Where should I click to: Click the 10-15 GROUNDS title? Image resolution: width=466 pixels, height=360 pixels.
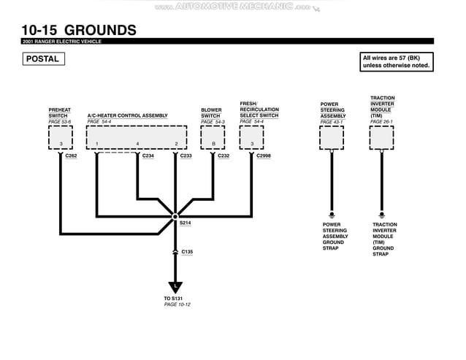coord(78,30)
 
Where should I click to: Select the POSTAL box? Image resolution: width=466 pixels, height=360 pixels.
coord(43,59)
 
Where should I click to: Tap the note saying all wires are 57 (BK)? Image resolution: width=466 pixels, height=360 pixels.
coord(397,62)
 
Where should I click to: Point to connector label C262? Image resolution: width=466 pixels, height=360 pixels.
coord(71,156)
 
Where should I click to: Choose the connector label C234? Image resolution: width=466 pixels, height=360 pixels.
coord(148,156)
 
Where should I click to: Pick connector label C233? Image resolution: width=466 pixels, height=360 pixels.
coord(186,156)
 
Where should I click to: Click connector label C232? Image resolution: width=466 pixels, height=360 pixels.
coord(224,156)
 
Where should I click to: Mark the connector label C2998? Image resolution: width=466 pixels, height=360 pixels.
coord(264,156)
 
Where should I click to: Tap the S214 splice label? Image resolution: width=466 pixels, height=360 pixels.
coord(186,223)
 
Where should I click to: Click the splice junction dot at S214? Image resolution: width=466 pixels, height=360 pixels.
coord(175,216)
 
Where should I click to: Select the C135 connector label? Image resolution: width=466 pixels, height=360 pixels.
coord(187,252)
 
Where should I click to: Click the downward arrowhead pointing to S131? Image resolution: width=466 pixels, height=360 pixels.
coord(175,287)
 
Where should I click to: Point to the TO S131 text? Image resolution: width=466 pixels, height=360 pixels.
coord(175,299)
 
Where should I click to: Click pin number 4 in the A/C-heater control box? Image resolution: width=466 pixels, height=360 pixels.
coord(137,144)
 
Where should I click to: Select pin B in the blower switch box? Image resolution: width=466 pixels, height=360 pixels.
coord(213,144)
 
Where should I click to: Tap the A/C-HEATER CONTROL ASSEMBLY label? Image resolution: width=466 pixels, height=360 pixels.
coord(127,115)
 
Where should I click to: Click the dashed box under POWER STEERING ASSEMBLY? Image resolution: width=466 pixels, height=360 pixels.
coord(332,137)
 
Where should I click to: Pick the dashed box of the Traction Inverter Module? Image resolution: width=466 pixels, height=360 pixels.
coord(381,137)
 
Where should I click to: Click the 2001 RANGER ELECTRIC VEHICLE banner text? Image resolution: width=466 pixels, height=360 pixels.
coord(61,42)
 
